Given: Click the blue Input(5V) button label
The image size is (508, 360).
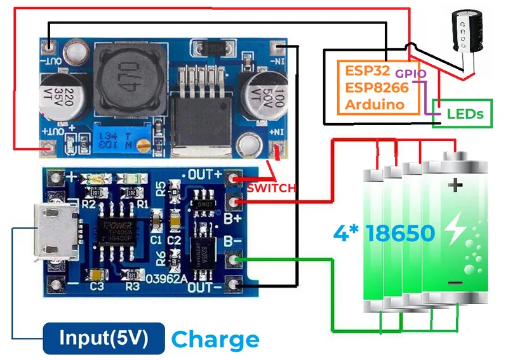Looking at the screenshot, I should [x=103, y=338].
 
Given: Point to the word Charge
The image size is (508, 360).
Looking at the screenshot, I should [x=216, y=339].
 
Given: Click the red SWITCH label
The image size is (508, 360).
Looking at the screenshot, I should [x=271, y=188].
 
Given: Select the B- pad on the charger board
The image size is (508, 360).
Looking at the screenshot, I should [x=236, y=259].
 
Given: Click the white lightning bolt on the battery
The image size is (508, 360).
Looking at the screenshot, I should [x=455, y=232].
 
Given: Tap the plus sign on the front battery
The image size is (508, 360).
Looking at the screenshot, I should [x=455, y=185].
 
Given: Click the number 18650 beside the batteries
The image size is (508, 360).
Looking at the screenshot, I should [x=401, y=232].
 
